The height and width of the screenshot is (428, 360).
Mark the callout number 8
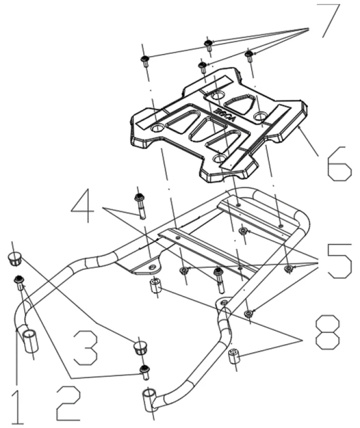[328, 332]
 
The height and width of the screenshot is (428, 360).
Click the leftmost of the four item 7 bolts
[144, 60]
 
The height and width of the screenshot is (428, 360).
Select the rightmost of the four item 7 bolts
[250, 55]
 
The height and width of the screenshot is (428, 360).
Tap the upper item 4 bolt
[139, 201]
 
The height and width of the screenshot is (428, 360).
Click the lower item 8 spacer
[235, 355]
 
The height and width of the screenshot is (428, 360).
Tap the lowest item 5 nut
[249, 313]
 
